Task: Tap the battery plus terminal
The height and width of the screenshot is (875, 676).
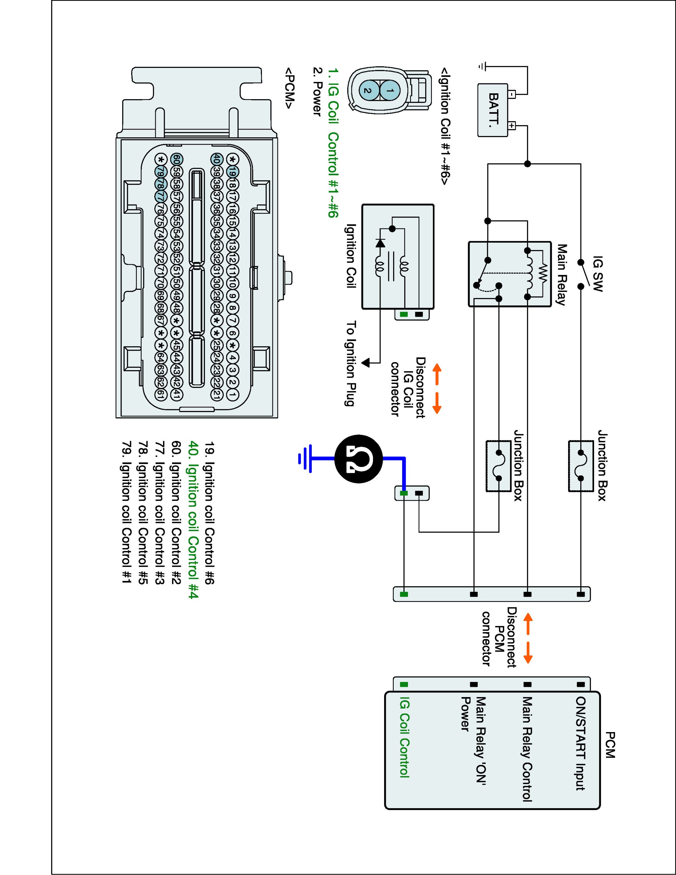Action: [x=512, y=125]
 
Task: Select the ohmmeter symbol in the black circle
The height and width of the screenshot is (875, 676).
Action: [x=358, y=458]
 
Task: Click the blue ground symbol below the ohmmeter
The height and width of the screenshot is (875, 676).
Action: [x=305, y=458]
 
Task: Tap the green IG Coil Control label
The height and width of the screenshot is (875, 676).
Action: [x=404, y=737]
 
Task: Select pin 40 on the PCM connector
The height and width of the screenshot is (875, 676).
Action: [x=216, y=159]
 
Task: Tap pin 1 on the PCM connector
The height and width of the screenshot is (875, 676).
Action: [x=232, y=395]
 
